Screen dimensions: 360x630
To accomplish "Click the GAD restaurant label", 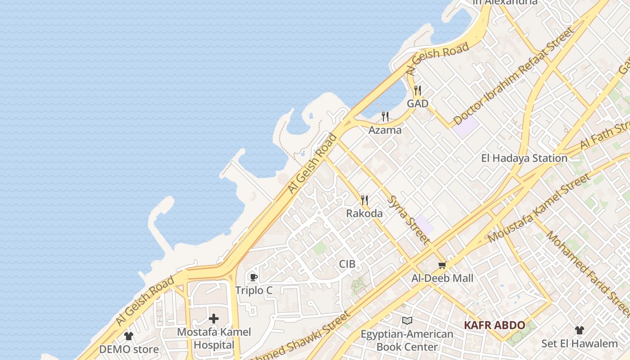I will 418,103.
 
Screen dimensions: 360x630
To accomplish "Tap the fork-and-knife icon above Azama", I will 385,117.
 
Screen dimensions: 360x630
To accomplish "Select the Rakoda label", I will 364,213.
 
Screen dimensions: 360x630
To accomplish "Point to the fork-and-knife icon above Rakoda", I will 364,200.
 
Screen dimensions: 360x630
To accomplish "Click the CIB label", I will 347,264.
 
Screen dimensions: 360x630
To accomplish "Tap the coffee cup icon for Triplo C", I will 253,277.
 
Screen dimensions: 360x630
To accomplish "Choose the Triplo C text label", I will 254,291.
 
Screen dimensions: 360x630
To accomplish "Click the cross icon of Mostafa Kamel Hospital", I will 214,319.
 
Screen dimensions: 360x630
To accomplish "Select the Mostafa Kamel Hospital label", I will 214,338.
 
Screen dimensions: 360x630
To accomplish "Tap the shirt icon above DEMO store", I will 129,336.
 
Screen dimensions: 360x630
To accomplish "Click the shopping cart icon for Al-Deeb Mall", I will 442,265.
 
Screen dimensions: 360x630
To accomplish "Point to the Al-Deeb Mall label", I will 442,278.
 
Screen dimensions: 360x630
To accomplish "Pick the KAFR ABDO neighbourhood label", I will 495,325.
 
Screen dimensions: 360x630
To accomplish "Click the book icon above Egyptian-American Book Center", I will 407,321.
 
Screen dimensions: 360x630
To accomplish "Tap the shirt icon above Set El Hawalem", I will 580,330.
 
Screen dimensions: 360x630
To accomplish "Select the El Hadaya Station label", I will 524,158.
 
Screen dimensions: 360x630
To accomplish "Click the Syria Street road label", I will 408,220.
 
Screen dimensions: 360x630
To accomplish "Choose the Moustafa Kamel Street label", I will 539,209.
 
